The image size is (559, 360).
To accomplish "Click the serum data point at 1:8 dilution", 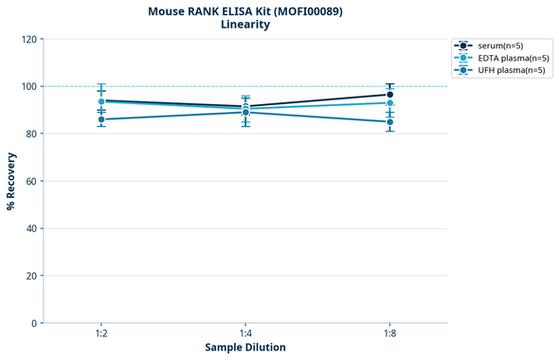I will pyautogui.click(x=390, y=95).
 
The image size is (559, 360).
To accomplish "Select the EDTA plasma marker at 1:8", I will pyautogui.click(x=390, y=103).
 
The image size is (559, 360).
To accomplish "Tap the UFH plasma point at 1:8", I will pyautogui.click(x=390, y=122).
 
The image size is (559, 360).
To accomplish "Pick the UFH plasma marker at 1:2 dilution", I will pyautogui.click(x=101, y=119).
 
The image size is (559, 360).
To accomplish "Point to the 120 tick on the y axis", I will pyautogui.click(x=29, y=40).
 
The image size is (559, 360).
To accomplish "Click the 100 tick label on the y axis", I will pyautogui.click(x=29, y=87).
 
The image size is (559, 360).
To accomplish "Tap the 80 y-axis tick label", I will pyautogui.click(x=32, y=135).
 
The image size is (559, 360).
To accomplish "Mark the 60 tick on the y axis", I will pyautogui.click(x=32, y=182).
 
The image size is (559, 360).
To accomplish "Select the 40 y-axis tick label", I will pyautogui.click(x=32, y=229).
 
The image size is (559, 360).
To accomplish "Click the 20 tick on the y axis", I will pyautogui.click(x=32, y=277).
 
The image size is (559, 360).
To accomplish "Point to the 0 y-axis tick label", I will pyautogui.click(x=35, y=324).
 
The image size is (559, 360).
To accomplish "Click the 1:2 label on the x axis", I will pyautogui.click(x=101, y=334).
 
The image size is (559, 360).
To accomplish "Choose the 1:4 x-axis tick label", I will pyautogui.click(x=245, y=334).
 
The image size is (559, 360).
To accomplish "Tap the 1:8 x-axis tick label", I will pyautogui.click(x=390, y=334).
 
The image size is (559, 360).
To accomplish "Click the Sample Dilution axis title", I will pyautogui.click(x=245, y=348).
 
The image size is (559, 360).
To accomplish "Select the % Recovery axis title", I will pyautogui.click(x=11, y=181).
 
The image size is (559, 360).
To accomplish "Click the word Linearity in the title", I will pyautogui.click(x=245, y=25).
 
